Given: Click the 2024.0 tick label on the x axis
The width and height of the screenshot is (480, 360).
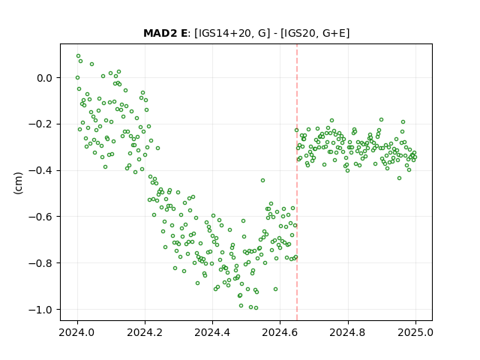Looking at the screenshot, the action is [77, 332].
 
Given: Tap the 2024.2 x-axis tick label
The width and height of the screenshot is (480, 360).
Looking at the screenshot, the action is [145, 332].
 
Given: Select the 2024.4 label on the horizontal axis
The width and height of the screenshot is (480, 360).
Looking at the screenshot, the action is [212, 332].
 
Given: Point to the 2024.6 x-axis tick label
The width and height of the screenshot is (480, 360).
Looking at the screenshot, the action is [280, 332].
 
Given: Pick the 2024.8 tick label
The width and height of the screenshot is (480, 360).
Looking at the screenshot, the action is [348, 332].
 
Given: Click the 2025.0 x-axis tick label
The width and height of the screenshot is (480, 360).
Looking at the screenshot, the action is [415, 332].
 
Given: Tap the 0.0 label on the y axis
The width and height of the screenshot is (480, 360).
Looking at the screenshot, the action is [45, 78].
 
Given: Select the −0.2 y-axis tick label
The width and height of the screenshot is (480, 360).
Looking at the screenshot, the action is [40, 124].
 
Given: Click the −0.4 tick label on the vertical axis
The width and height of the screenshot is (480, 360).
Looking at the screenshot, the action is [40, 170].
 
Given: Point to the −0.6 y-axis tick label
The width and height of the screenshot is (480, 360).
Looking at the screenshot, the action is [40, 217].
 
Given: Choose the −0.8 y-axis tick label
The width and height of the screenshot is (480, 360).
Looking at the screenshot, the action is [40, 263].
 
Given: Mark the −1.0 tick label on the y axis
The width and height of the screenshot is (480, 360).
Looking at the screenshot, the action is [40, 310].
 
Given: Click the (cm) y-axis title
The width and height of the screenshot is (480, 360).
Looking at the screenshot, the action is [18, 183].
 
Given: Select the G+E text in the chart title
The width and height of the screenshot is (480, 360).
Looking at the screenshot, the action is [334, 33].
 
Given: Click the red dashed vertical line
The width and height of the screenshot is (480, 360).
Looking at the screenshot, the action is [297, 182].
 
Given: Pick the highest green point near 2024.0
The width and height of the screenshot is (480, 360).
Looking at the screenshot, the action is [78, 56].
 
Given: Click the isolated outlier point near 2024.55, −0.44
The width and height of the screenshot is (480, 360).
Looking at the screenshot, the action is [262, 181].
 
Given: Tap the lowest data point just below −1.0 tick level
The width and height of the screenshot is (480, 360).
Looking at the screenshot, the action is [256, 308].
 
